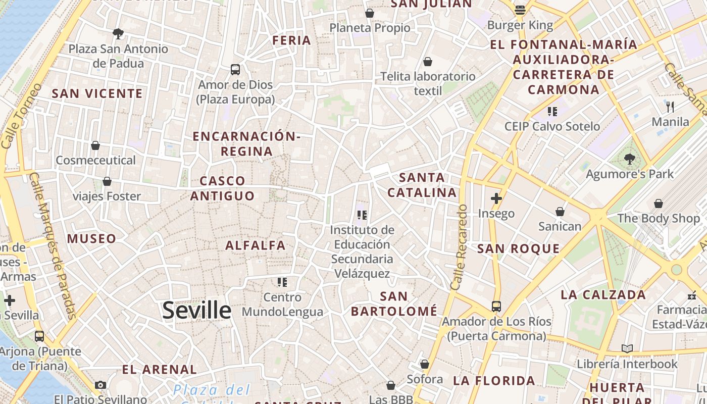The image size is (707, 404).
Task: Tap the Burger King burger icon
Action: coord(520,10)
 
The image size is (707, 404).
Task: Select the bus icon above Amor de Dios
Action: coord(235,70)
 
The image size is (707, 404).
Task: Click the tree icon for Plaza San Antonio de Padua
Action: coord(118,34)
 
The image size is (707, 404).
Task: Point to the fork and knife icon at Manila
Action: coord(670,107)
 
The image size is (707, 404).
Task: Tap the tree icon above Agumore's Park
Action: coord(629,159)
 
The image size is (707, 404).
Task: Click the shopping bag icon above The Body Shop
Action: coord(658,204)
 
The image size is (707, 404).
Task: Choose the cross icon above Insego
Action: coord(496,198)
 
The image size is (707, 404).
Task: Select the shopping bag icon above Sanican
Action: coord(560,211)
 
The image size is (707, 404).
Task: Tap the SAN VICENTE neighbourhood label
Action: coord(97,93)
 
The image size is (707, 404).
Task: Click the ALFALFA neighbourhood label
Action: coord(256,245)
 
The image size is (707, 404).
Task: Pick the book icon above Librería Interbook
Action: coord(627,348)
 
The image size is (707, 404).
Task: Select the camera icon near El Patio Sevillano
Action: coord(100,385)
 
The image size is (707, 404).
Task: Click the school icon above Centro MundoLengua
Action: coord(282,282)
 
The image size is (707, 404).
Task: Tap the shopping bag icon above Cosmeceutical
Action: coord(95,145)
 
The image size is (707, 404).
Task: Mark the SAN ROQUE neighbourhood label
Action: coord(519,248)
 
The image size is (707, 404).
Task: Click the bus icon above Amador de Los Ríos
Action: coord(496,306)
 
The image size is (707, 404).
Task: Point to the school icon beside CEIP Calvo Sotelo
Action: coord(552,111)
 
